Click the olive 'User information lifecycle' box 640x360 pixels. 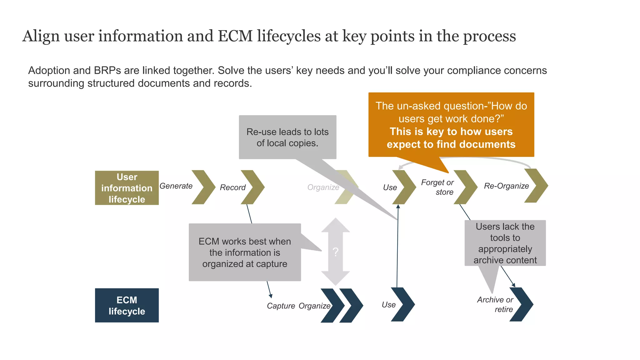point(127,188)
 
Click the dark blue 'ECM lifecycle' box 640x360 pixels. point(127,305)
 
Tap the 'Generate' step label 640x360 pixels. point(176,186)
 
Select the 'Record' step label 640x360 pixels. point(232,187)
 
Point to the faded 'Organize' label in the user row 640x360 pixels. point(323,187)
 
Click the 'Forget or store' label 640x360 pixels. point(437,187)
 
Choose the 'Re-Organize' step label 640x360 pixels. point(506,186)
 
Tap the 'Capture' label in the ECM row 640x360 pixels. point(281,306)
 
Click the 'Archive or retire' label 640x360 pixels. point(495,304)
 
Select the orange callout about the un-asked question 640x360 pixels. point(451,125)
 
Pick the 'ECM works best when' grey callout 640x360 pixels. point(245,252)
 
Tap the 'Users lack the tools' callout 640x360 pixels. point(505,243)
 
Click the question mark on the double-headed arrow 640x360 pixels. point(336,252)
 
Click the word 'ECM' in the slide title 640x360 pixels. point(235,36)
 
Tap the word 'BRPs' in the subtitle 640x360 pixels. point(107,70)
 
